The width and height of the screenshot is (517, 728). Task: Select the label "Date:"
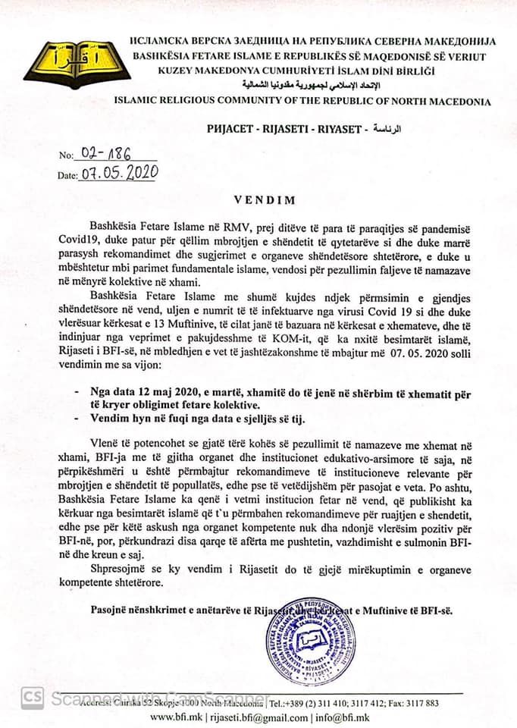(67, 176)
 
